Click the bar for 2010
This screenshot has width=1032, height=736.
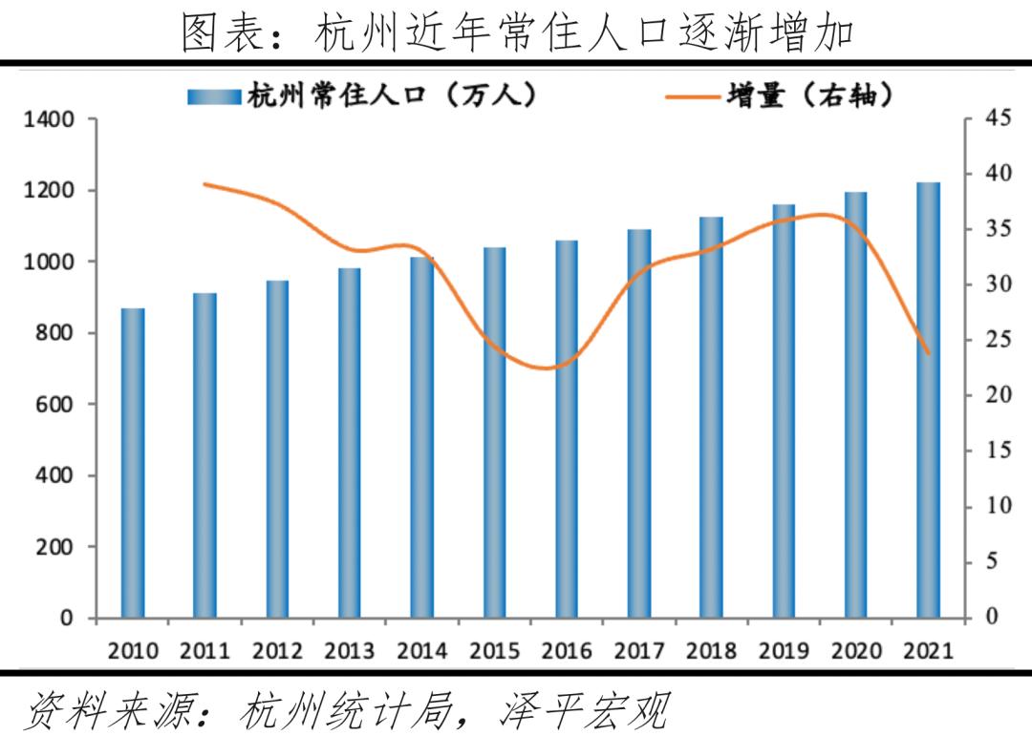click(133, 463)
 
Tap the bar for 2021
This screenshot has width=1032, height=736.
click(928, 400)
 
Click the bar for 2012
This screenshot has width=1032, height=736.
click(277, 449)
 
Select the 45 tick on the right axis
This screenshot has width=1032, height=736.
click(998, 118)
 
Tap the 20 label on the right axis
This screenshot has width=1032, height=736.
click(998, 395)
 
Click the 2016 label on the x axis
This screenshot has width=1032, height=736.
click(567, 651)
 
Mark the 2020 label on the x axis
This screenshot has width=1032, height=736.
click(856, 651)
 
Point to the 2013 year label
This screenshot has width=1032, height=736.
click(350, 651)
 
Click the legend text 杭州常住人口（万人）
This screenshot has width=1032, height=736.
click(392, 95)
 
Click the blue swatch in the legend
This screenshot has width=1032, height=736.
click(214, 96)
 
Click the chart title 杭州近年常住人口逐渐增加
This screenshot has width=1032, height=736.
click(516, 33)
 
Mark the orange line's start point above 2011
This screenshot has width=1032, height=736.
click(205, 184)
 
